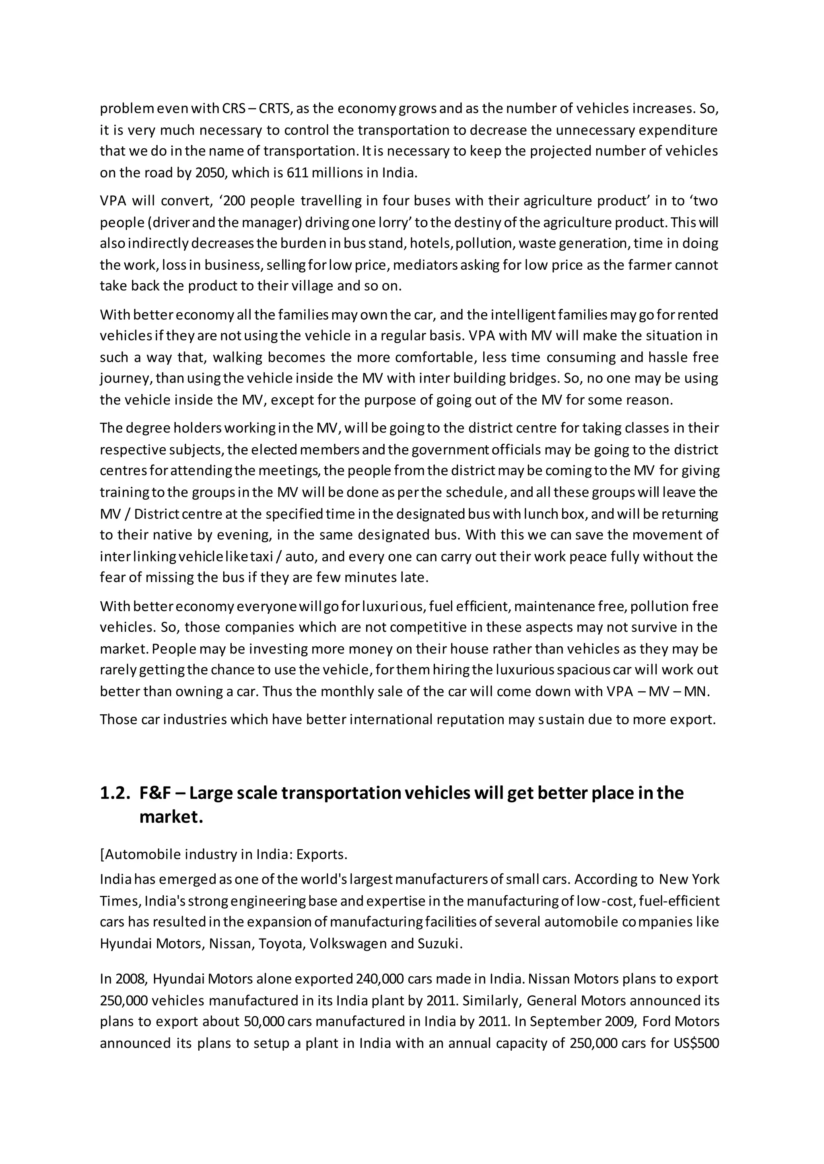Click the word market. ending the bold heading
pos(171,817)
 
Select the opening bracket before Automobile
pos(102,855)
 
